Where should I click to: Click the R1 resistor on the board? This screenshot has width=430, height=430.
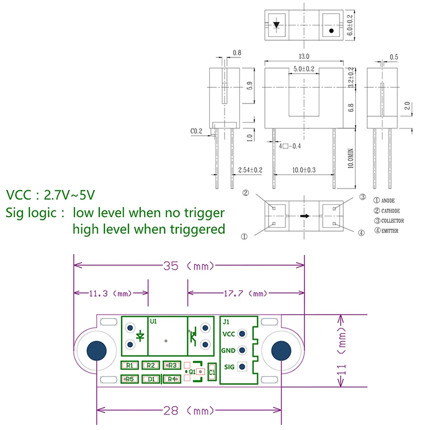130,365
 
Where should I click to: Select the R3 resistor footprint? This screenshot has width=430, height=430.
172,365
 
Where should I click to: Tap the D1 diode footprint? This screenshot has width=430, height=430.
151,379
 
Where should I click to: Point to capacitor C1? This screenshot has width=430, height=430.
212,372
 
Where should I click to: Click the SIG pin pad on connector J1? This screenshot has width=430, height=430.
242,367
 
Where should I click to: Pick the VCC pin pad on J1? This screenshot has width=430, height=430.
242,334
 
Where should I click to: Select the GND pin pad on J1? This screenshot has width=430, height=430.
242,350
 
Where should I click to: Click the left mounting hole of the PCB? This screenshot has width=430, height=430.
96,351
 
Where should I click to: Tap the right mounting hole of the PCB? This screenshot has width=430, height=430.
281,351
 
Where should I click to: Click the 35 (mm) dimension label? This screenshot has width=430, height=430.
188,266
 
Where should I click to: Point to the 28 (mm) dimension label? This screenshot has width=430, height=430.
188,411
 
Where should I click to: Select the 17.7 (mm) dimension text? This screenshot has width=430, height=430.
246,293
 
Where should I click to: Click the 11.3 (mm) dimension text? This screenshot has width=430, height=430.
110,293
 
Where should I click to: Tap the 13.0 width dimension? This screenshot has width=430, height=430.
304,56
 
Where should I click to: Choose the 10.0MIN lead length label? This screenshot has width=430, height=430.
350,158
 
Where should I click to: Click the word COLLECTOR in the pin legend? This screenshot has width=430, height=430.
393,221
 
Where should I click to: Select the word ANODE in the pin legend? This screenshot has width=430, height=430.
388,200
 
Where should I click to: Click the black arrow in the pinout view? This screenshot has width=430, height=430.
305,216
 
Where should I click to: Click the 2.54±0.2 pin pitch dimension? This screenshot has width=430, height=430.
250,170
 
